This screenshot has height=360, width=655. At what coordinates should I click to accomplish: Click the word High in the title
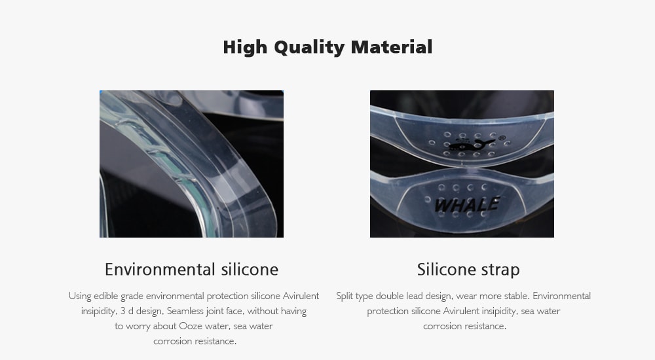[245, 47]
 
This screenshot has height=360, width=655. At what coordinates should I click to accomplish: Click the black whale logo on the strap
[471, 145]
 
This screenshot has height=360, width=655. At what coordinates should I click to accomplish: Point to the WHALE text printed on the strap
[466, 204]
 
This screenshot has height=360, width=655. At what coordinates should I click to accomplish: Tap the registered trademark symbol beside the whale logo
[502, 138]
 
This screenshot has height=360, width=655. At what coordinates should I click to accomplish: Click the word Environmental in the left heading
[160, 270]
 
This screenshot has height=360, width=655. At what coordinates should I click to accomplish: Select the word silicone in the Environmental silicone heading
[250, 270]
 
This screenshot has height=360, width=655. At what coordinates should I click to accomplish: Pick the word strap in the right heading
[500, 270]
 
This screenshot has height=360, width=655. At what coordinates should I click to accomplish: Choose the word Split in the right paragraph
[345, 296]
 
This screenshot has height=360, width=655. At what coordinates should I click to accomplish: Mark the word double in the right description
[389, 296]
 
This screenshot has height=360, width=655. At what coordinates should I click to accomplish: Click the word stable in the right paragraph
[517, 296]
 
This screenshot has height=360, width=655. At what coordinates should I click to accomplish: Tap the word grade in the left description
[132, 296]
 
